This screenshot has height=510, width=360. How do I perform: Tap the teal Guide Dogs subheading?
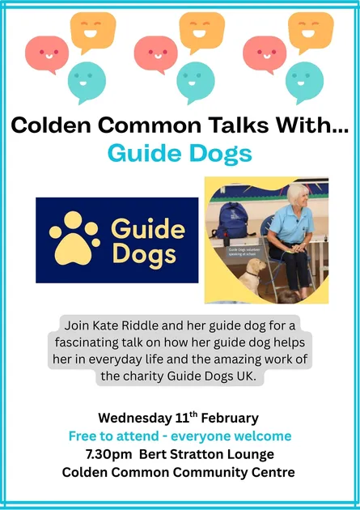point(180,153)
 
